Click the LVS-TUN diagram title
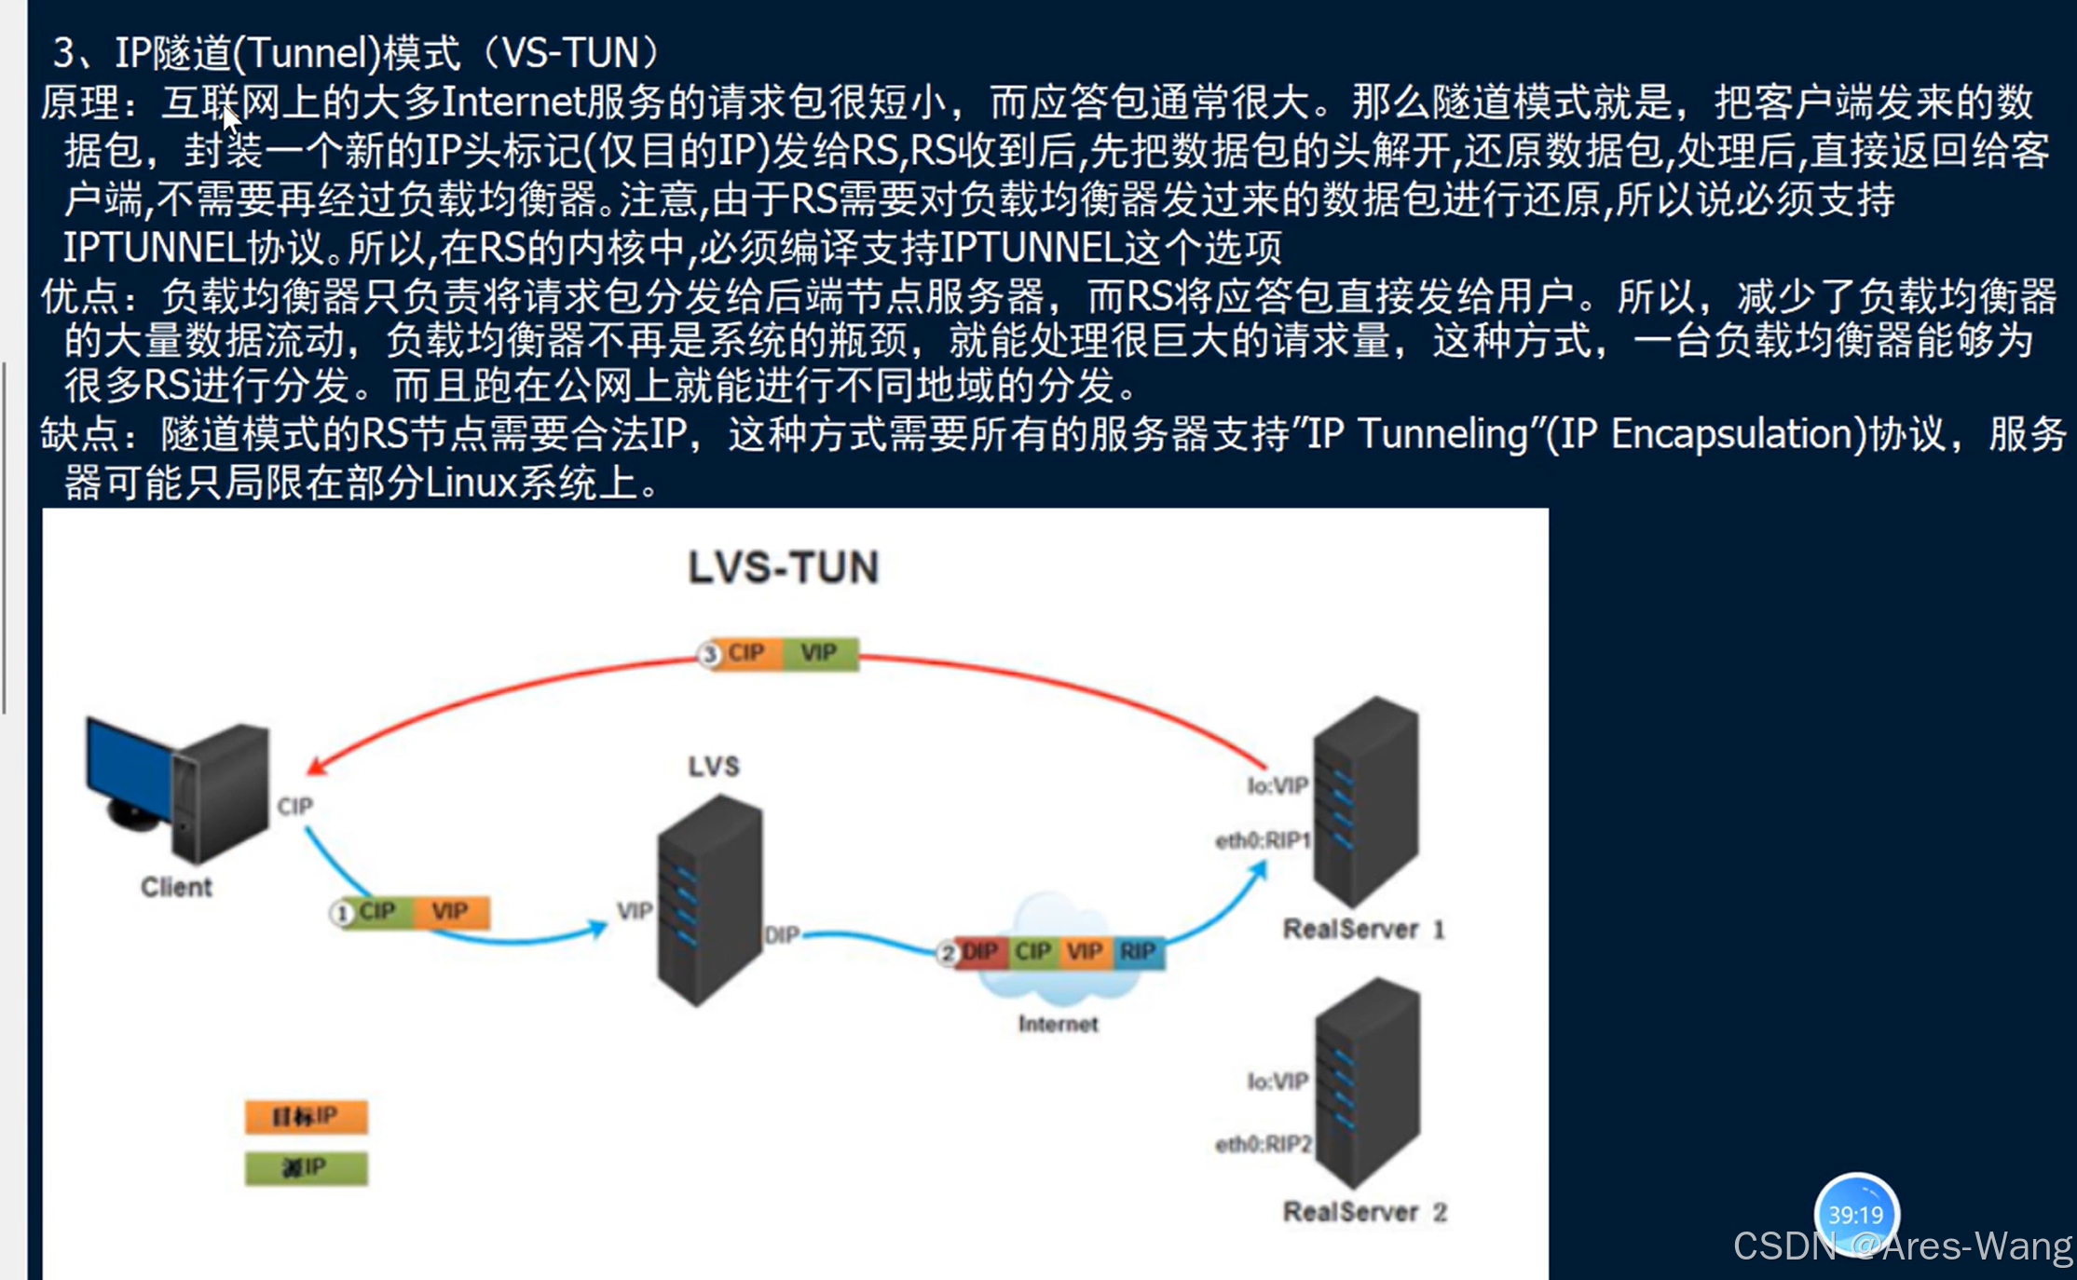pyautogui.click(x=783, y=567)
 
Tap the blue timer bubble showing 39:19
pyautogui.click(x=1855, y=1213)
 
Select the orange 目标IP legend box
pyautogui.click(x=306, y=1116)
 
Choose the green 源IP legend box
pyautogui.click(x=306, y=1167)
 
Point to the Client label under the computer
pyautogui.click(x=176, y=887)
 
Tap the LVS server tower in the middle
pyautogui.click(x=710, y=899)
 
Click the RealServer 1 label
pyautogui.click(x=1363, y=929)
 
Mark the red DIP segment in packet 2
pyautogui.click(x=979, y=952)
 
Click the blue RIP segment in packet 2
pyautogui.click(x=1138, y=952)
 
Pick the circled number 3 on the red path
pyautogui.click(x=710, y=655)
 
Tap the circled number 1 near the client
pyautogui.click(x=342, y=913)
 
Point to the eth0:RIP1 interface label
pyautogui.click(x=1263, y=841)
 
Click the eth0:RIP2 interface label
pyautogui.click(x=1263, y=1144)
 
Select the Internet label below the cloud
pyautogui.click(x=1058, y=1024)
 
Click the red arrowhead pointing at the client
pyautogui.click(x=317, y=767)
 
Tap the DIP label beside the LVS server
pyautogui.click(x=781, y=934)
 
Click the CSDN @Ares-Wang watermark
pyautogui.click(x=1902, y=1246)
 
